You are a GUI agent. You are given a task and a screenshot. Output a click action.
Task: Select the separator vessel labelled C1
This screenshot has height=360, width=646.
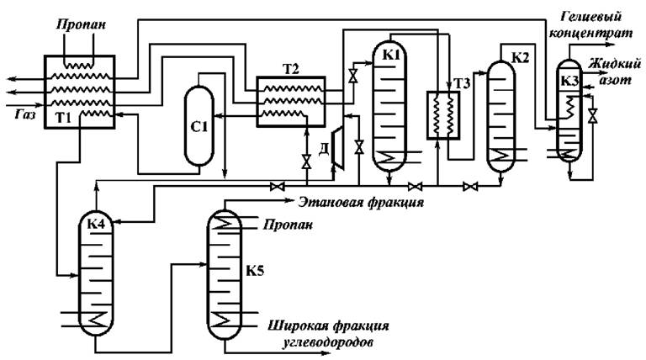click(x=199, y=129)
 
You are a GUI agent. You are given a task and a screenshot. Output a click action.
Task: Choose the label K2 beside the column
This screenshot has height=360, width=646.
click(x=522, y=57)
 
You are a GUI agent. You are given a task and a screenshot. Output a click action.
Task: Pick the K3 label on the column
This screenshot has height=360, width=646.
click(x=569, y=82)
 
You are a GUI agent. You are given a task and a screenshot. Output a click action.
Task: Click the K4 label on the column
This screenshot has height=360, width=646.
click(x=96, y=225)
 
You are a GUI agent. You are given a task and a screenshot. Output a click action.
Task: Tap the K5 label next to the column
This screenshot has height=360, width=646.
click(x=256, y=273)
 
